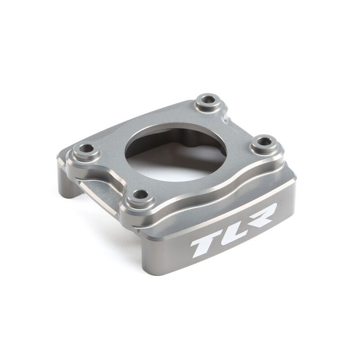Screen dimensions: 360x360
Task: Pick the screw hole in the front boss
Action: [x=141, y=195]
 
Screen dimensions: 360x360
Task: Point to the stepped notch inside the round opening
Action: [x=198, y=135]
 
